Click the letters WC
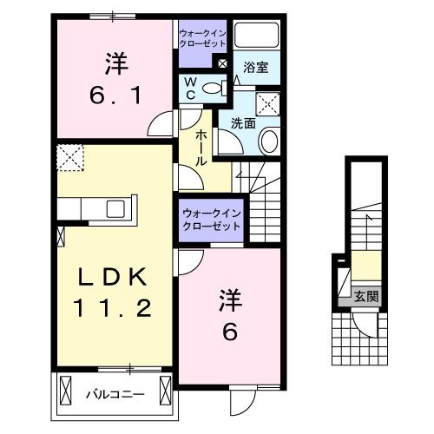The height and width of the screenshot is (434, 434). pyautogui.click(x=190, y=88)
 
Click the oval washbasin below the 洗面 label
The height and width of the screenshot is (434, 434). pyautogui.click(x=270, y=141)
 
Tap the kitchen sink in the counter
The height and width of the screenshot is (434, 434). pyautogui.click(x=115, y=209)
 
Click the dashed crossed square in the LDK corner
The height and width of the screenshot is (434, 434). pyautogui.click(x=68, y=159)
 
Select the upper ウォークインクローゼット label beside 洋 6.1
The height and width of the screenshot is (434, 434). pyautogui.click(x=202, y=36)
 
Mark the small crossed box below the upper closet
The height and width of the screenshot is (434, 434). pyautogui.click(x=222, y=64)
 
